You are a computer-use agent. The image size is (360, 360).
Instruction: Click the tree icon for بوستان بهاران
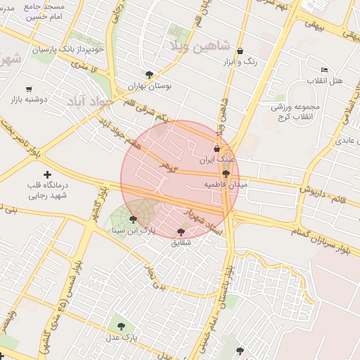(149, 74)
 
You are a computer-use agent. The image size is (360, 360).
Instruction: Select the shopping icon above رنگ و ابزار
(240, 51)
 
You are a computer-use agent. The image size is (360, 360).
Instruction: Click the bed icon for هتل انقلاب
(323, 70)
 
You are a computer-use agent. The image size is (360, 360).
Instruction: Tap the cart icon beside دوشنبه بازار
(29, 89)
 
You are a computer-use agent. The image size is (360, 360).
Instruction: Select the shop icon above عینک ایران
(217, 148)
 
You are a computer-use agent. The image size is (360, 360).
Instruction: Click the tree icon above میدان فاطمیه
(225, 173)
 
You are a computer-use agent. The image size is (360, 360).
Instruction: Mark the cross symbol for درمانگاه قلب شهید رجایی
(47, 174)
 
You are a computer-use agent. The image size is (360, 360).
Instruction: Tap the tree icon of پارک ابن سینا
(133, 219)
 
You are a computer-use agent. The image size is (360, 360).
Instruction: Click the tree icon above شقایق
(181, 231)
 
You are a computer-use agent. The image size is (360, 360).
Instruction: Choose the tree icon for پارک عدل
(121, 326)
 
